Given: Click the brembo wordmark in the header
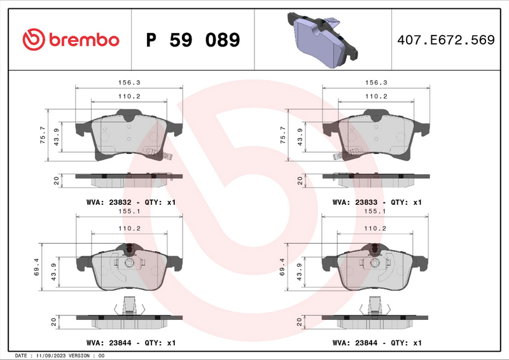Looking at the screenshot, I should pos(85,40).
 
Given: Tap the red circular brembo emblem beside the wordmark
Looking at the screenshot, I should pos(32,40).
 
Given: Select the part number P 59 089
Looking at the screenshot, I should pos(193,40).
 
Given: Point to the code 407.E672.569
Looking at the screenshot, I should pos(445,40).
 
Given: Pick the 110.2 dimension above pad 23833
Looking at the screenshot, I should pos(376,97).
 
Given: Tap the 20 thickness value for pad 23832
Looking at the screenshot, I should pos(56,181).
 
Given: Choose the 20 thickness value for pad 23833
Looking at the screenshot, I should pos(300,181).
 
